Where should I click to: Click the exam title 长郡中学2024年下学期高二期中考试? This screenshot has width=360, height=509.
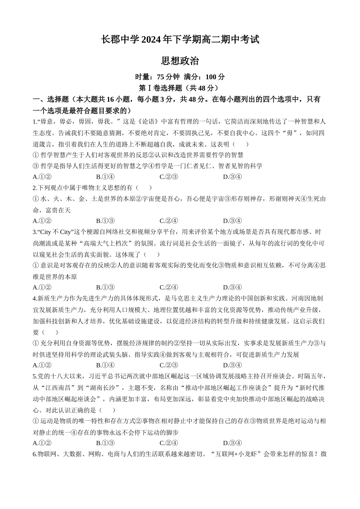pos(180,39)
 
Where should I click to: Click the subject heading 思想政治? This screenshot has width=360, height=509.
pos(180,61)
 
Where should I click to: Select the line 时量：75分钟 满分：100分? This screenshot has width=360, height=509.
pos(180,77)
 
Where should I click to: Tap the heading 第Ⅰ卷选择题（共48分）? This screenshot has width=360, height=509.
pos(180,88)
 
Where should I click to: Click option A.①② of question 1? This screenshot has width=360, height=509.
pos(42,177)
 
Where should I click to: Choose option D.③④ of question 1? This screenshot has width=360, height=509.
pos(232,177)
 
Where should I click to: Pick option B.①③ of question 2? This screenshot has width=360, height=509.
pos(105,221)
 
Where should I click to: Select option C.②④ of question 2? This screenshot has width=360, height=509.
pos(169,221)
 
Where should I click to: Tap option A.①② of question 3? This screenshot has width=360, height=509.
pos(42,287)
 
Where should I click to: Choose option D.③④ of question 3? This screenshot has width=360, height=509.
pos(232,287)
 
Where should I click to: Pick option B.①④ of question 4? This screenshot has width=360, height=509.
pos(105,365)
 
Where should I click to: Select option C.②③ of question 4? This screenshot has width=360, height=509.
pos(169,365)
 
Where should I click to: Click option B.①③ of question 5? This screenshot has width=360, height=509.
pos(105,443)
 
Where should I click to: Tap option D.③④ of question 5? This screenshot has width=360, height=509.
pos(232,443)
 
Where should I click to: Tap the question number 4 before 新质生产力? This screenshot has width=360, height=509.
pos(34,299)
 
